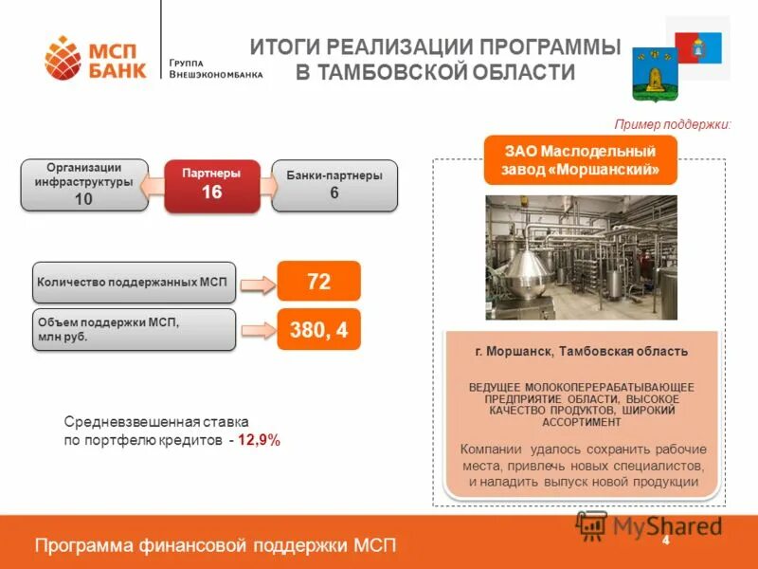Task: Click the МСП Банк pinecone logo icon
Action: click(63, 58)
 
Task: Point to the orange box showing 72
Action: click(318, 282)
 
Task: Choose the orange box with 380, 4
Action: click(318, 330)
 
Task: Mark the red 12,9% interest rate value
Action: click(259, 441)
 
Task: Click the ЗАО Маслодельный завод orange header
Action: click(581, 159)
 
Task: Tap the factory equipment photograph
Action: click(581, 257)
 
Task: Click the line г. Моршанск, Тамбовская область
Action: click(581, 352)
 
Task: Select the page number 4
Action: click(666, 540)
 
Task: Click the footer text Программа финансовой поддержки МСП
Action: click(215, 544)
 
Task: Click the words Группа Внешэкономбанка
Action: click(215, 67)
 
